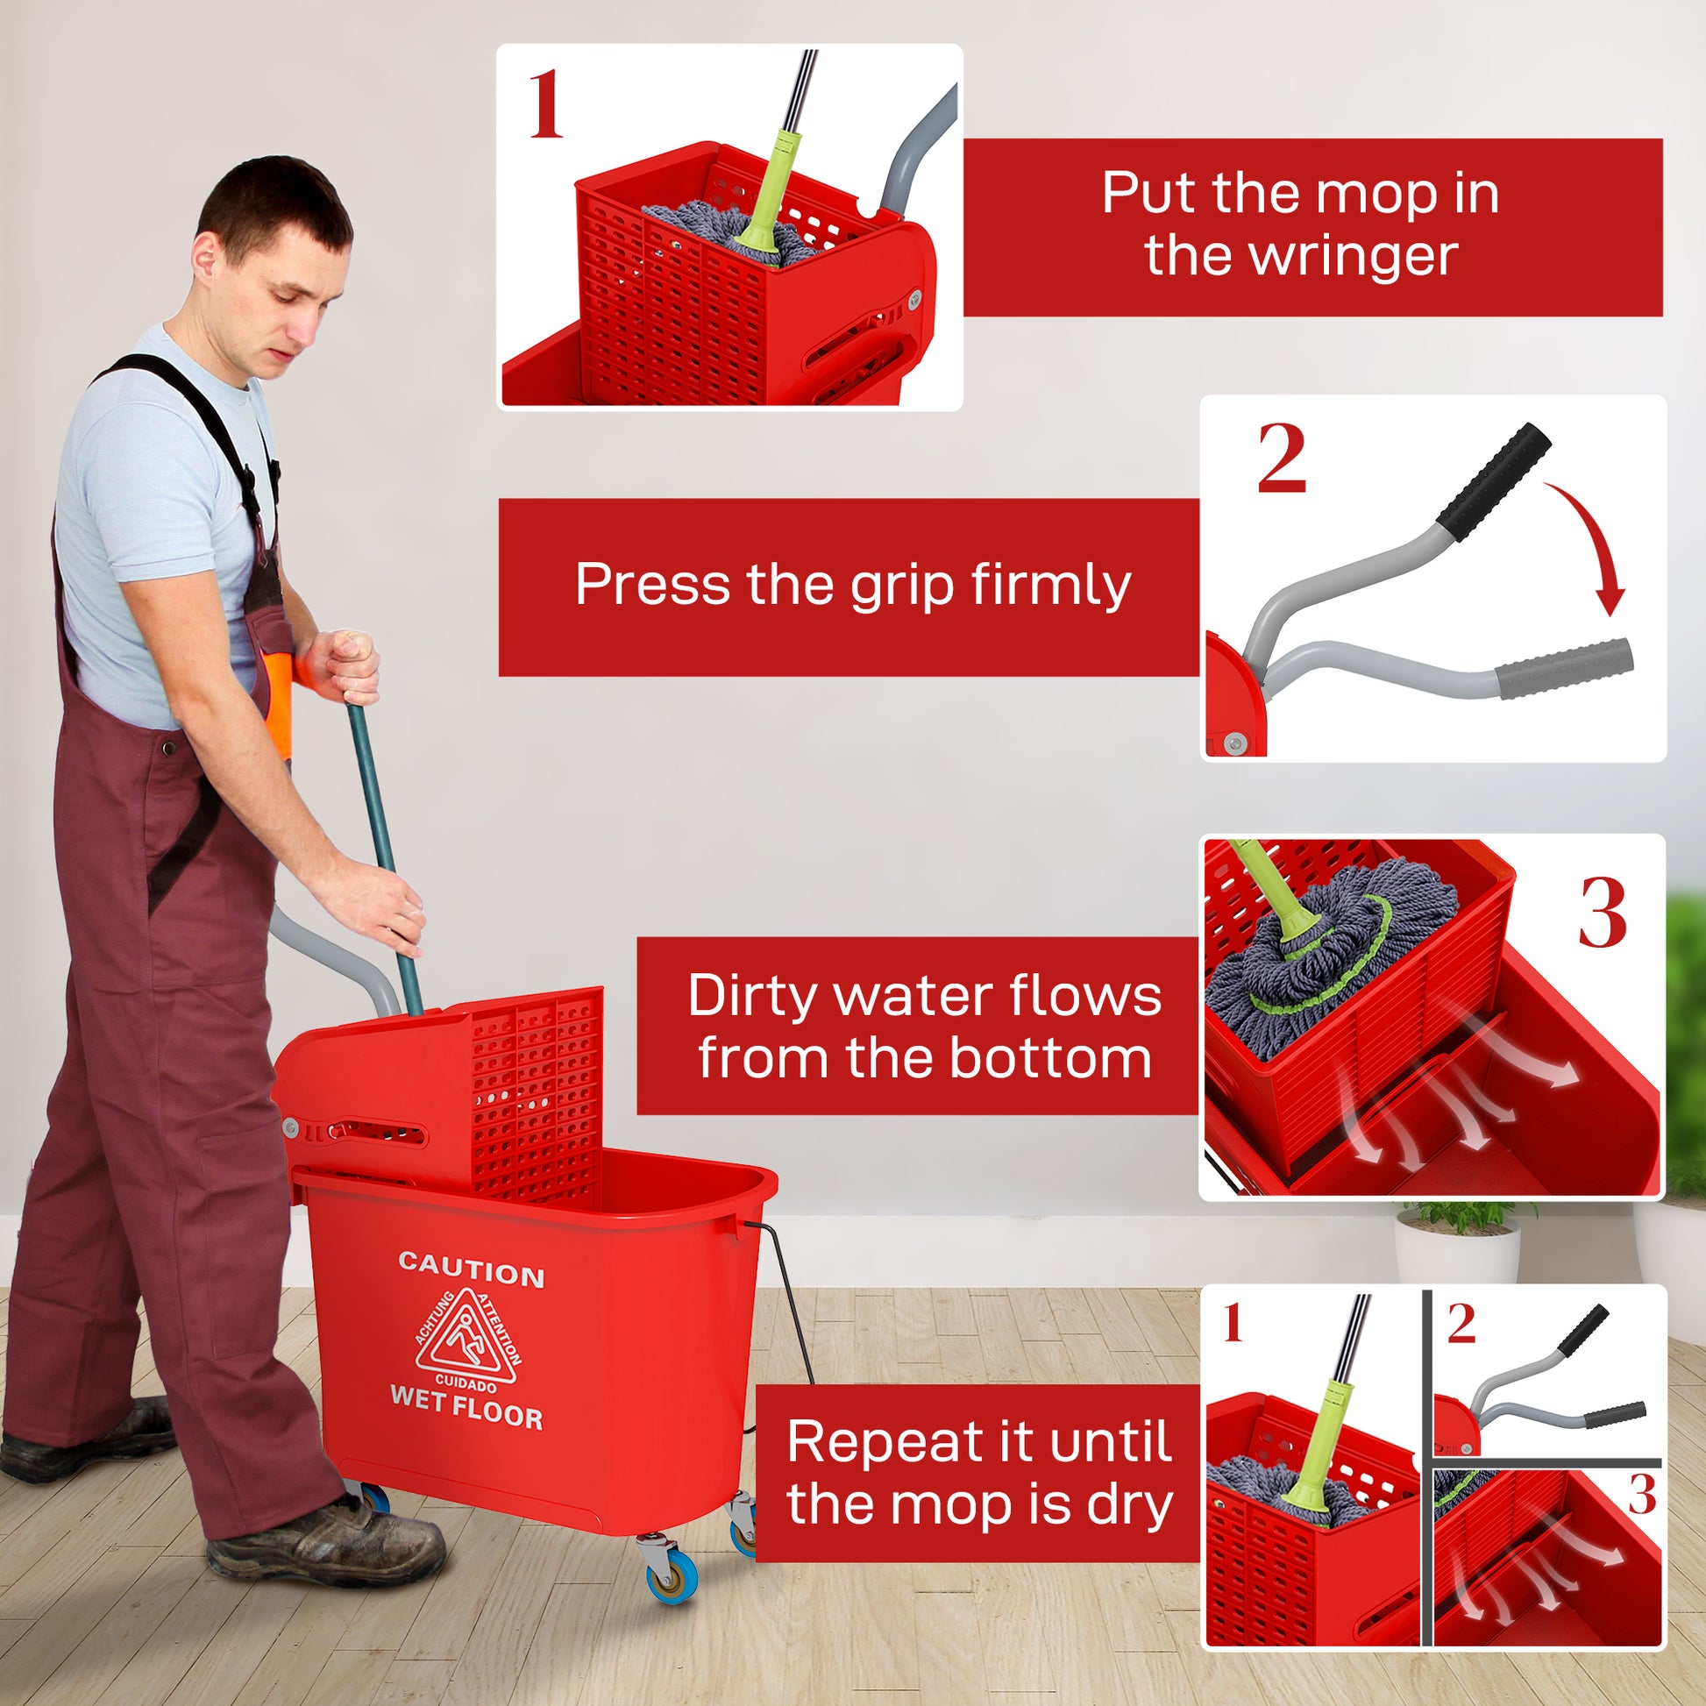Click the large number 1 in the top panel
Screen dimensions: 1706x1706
click(546, 106)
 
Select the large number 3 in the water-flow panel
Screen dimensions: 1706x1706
click(1603, 913)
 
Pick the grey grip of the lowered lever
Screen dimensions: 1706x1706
click(1564, 668)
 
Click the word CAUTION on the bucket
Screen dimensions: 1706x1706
click(471, 1270)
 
